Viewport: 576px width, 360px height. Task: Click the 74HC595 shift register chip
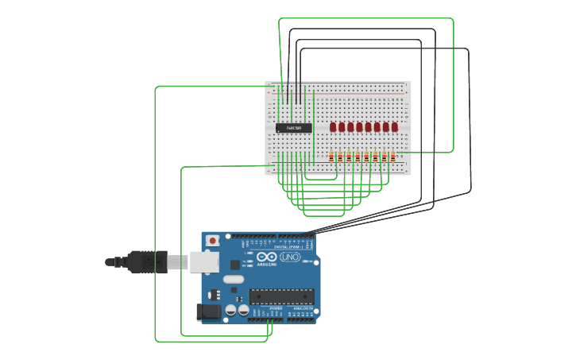[294, 128]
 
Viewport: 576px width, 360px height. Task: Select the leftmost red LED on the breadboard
[333, 127]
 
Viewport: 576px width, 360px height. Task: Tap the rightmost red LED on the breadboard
[394, 127]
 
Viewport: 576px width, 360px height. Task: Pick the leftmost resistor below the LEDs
[332, 157]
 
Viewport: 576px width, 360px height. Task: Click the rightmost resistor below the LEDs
[393, 157]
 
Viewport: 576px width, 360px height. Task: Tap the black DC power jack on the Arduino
[209, 312]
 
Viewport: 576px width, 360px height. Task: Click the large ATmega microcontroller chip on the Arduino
[281, 296]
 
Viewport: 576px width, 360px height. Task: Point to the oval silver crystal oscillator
[233, 279]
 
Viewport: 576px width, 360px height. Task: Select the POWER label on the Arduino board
[265, 308]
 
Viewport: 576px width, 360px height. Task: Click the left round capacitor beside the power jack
[230, 310]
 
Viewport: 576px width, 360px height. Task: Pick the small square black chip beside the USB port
[235, 264]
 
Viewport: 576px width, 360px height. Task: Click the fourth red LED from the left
[359, 127]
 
